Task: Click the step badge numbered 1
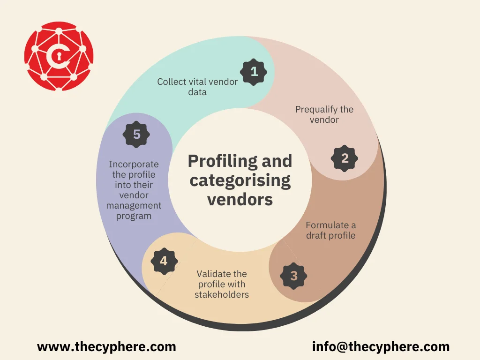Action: click(254, 72)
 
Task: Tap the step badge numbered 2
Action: click(345, 158)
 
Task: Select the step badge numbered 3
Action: click(293, 276)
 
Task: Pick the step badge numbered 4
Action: click(164, 261)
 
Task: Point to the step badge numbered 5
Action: click(136, 135)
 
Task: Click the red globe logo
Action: click(59, 56)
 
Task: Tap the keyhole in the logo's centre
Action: click(59, 56)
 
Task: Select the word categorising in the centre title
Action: click(240, 181)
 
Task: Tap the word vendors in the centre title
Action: click(240, 200)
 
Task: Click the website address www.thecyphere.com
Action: click(106, 347)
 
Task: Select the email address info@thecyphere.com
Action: click(381, 347)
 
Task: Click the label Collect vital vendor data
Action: click(197, 87)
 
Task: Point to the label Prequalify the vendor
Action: click(324, 114)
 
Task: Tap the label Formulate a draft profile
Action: click(331, 230)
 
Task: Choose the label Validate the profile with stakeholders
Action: click(222, 284)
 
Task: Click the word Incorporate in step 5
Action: click(134, 165)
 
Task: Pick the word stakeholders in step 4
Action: click(222, 294)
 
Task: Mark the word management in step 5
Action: click(134, 206)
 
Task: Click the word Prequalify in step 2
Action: click(316, 110)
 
